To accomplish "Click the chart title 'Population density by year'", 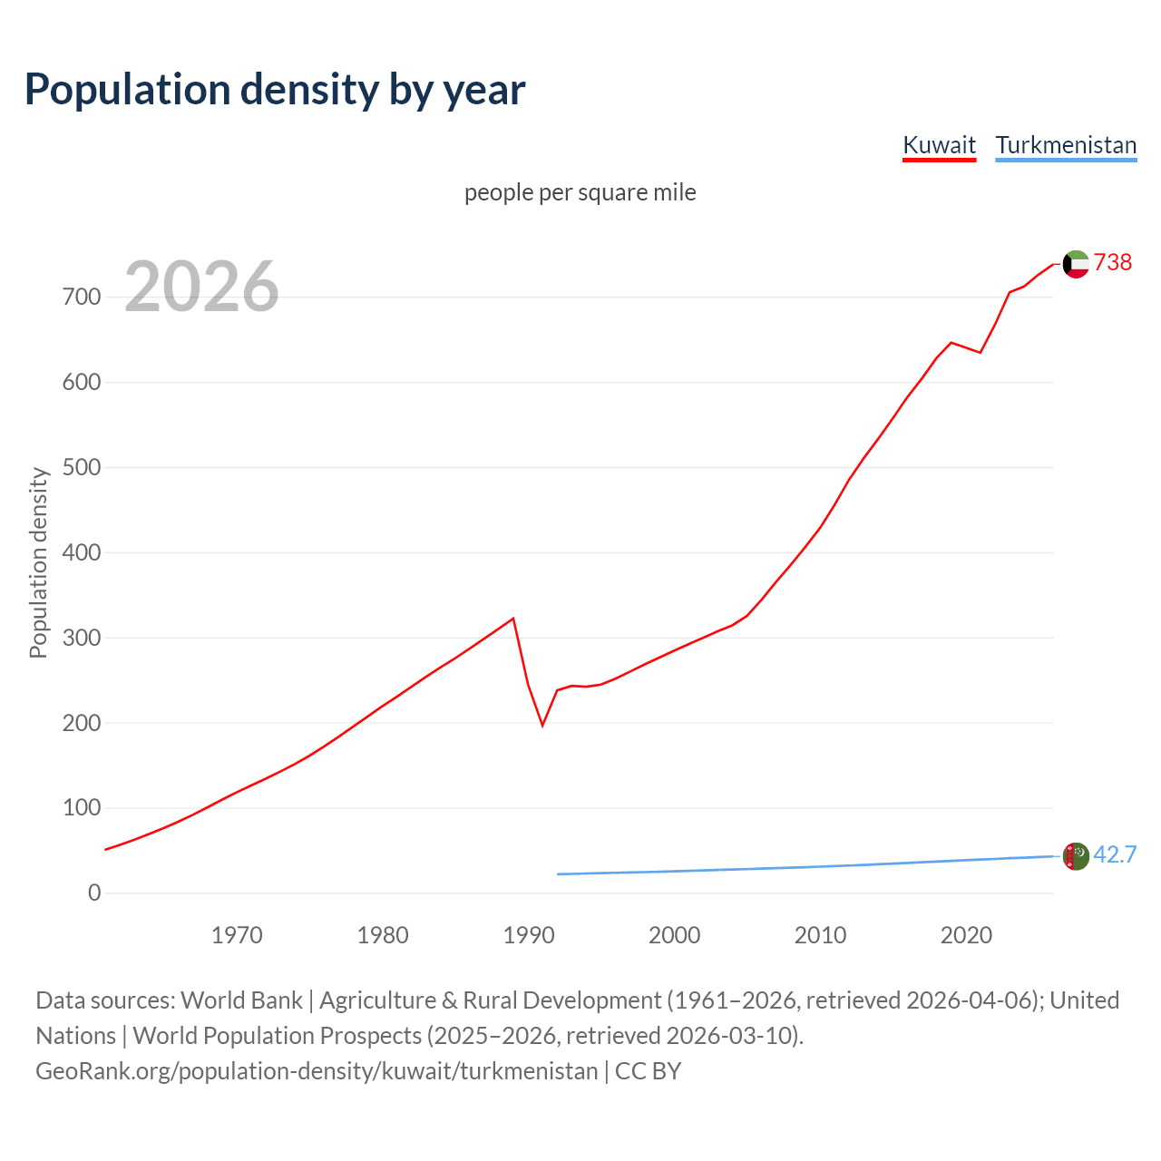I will pyautogui.click(x=275, y=90).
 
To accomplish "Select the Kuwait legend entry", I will pyautogui.click(x=939, y=145).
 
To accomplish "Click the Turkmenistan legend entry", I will pyautogui.click(x=1066, y=145).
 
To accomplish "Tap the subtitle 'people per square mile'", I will pyautogui.click(x=580, y=192).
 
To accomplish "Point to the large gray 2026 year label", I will pyautogui.click(x=201, y=287).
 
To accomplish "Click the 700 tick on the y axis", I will pyautogui.click(x=81, y=297).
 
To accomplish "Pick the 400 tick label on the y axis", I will pyautogui.click(x=81, y=552).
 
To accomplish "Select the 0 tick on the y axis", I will pyautogui.click(x=94, y=893).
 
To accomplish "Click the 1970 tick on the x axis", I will pyautogui.click(x=237, y=935).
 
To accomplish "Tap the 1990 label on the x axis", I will pyautogui.click(x=529, y=935).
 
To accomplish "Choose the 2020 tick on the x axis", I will pyautogui.click(x=966, y=935).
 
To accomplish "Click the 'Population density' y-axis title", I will pyautogui.click(x=38, y=562).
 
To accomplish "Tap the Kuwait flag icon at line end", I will pyautogui.click(x=1076, y=264).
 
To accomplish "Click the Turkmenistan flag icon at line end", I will pyautogui.click(x=1076, y=856).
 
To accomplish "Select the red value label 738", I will pyautogui.click(x=1113, y=262).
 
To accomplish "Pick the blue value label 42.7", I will pyautogui.click(x=1115, y=854).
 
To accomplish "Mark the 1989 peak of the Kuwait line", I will pyautogui.click(x=513, y=619).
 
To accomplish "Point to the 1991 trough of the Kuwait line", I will pyautogui.click(x=542, y=726).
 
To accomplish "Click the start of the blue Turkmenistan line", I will pyautogui.click(x=558, y=874).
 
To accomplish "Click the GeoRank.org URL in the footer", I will pyautogui.click(x=317, y=1071).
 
